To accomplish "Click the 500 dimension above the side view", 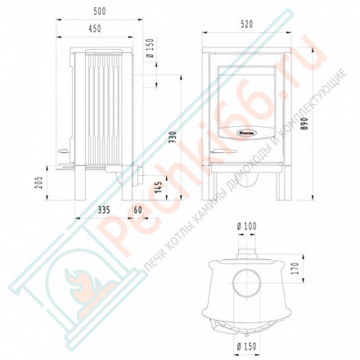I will [98, 11].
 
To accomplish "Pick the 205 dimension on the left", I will [39, 182].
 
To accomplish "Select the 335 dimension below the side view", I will [103, 210].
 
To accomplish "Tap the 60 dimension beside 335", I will [138, 210].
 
